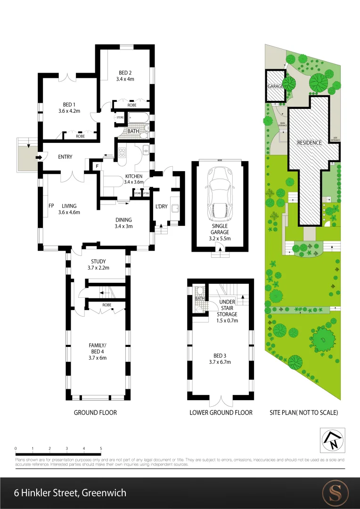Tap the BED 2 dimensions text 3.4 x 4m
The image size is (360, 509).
click(125, 79)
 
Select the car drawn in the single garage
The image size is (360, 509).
click(219, 195)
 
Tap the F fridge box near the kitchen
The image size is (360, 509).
click(96, 166)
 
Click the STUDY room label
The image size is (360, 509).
click(98, 262)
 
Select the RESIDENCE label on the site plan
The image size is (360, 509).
click(309, 143)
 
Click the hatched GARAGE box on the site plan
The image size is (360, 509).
click(276, 87)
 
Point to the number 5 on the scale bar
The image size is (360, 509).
click(101, 448)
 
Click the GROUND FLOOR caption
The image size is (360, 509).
click(95, 412)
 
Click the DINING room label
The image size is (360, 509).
click(123, 220)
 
